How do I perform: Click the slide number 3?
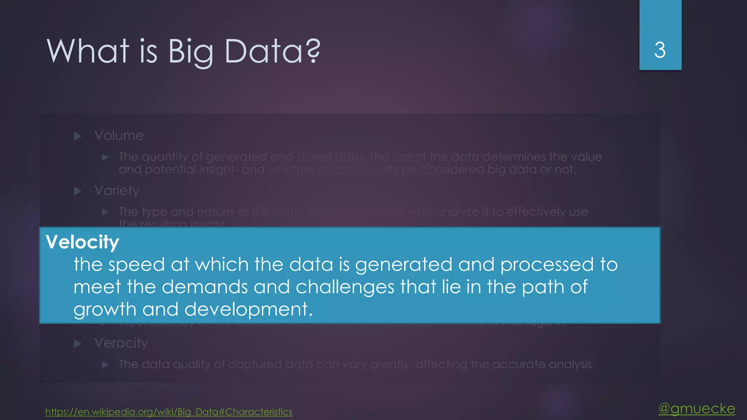tap(660, 50)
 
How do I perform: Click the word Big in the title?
tap(190, 52)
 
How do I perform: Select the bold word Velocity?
tap(82, 242)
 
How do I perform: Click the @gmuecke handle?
tap(697, 408)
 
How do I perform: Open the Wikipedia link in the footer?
tap(169, 412)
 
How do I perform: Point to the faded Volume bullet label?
tap(119, 136)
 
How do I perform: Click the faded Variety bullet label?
tap(117, 191)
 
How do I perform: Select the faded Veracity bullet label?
tap(121, 343)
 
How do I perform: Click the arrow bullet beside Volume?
tap(78, 136)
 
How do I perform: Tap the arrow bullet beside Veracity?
tap(78, 343)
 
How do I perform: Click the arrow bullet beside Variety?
tap(78, 191)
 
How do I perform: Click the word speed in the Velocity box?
tap(136, 265)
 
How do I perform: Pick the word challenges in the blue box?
tap(345, 287)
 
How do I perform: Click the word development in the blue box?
tap(248, 310)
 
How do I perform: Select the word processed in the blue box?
tap(547, 265)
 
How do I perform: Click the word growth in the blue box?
tap(105, 310)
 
